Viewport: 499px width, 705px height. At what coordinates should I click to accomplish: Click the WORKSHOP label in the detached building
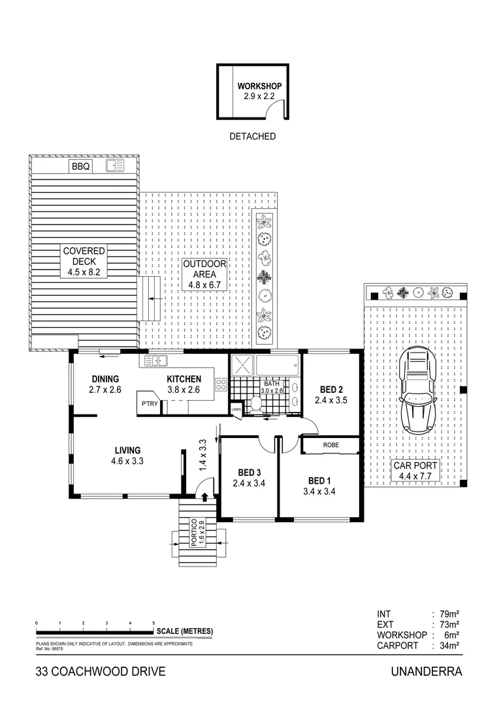[259, 86]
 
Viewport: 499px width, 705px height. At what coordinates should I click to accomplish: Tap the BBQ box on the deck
[81, 167]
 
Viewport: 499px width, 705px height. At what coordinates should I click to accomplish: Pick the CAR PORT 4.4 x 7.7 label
[415, 471]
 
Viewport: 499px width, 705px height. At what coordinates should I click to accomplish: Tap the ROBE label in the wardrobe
[330, 445]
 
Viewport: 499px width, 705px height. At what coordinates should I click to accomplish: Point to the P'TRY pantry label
[150, 405]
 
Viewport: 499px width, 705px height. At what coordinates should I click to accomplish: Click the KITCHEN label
[184, 379]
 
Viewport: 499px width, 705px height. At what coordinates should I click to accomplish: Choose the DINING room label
[105, 379]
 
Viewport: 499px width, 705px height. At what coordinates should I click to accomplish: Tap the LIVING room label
[127, 450]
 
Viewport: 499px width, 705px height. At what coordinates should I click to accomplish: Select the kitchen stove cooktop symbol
[221, 385]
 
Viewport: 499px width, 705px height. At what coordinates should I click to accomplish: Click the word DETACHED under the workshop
[252, 137]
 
